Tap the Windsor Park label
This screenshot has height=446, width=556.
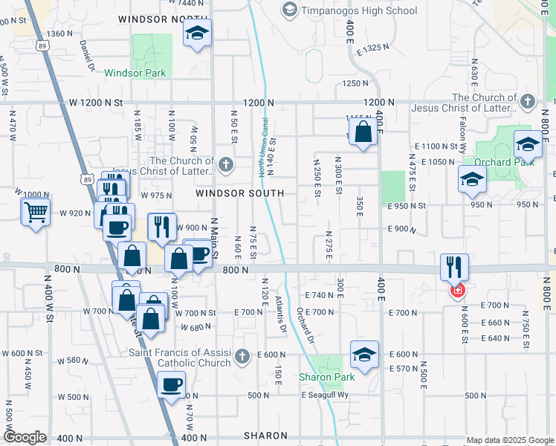coord(135,73)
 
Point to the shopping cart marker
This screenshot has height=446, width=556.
coord(36,213)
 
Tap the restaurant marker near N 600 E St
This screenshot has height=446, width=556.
coord(454,266)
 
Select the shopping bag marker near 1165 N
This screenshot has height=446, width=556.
coord(363,134)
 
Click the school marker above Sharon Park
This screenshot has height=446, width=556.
coord(364,355)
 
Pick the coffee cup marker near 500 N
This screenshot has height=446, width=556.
coord(172,385)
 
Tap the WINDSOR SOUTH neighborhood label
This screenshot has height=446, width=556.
coord(239,193)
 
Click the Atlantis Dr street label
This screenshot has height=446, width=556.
coord(281,313)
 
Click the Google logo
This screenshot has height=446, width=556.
coord(25,437)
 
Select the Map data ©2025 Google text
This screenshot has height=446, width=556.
coord(510,440)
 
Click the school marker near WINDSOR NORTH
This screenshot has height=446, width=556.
coord(197,33)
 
